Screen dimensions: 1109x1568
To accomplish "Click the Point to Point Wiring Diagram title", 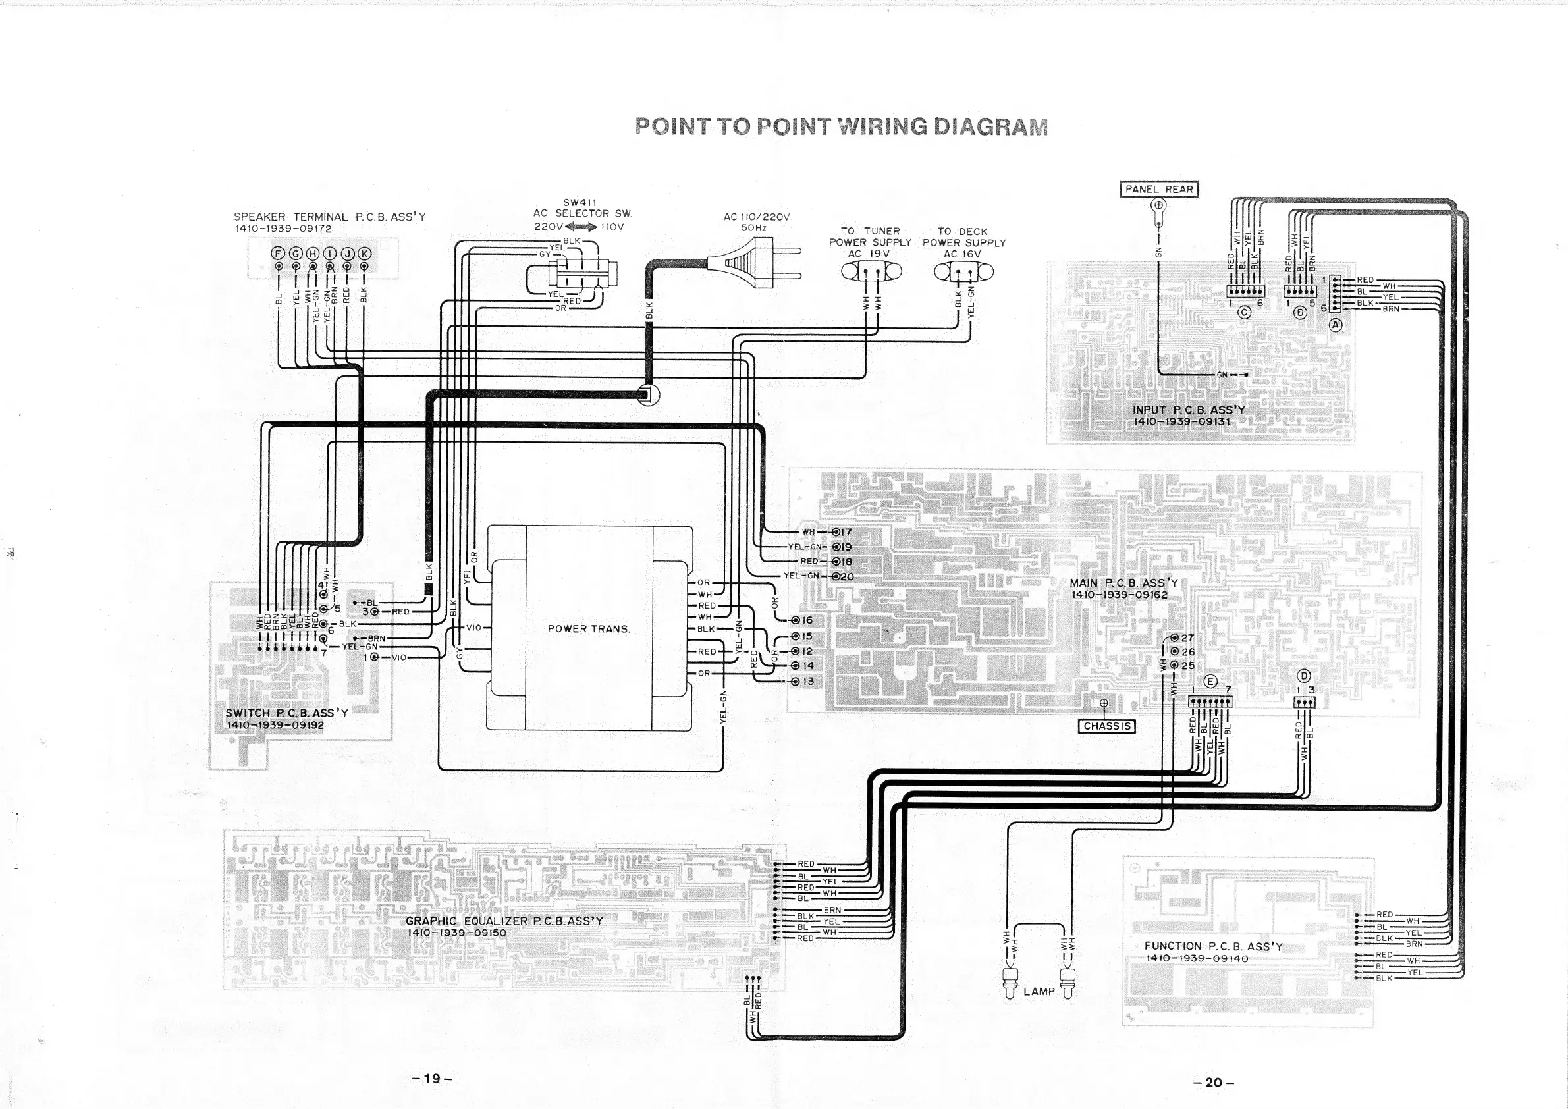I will tap(841, 127).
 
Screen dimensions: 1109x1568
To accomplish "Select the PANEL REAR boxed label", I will tap(1159, 189).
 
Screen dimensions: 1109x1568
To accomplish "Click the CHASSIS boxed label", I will tap(1106, 726).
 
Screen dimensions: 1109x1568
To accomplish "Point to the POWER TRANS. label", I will tap(589, 628).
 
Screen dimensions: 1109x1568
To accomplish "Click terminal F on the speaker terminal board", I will tap(278, 254).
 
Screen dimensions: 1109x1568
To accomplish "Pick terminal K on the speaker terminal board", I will tap(364, 254).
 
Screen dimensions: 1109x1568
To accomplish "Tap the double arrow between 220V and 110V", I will tap(580, 227).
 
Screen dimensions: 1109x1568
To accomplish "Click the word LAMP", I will tap(1039, 991).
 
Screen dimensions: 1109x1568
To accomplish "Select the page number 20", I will tap(1213, 1082).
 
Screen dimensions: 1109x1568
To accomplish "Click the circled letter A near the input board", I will tap(1335, 325).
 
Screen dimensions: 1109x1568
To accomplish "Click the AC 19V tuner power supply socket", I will tap(871, 271).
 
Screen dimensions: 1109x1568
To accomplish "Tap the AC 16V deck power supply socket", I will tap(963, 272).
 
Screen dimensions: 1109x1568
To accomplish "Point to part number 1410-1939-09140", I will tap(1197, 958).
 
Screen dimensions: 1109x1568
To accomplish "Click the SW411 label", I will tap(580, 202).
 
